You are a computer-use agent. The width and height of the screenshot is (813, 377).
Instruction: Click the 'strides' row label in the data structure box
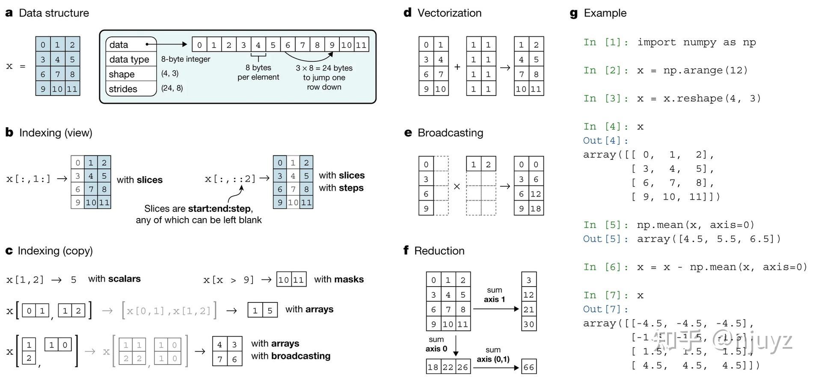click(x=123, y=89)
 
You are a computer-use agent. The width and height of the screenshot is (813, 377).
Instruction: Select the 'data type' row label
click(x=129, y=60)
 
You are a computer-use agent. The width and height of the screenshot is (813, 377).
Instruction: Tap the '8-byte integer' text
click(x=186, y=59)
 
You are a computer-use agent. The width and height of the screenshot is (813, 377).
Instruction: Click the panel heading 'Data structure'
click(x=54, y=13)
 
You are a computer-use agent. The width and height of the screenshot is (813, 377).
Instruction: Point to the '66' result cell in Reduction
click(x=529, y=367)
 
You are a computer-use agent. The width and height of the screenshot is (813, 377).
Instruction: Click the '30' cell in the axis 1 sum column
click(x=529, y=324)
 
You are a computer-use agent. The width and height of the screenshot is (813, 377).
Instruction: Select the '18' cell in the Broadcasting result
click(x=536, y=209)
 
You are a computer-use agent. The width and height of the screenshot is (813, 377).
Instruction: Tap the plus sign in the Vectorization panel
click(x=457, y=67)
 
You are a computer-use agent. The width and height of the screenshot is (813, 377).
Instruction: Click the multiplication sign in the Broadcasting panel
click(x=457, y=186)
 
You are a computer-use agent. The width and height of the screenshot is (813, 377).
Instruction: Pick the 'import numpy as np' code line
click(x=696, y=42)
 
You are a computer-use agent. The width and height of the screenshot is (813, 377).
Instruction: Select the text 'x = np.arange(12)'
click(x=692, y=70)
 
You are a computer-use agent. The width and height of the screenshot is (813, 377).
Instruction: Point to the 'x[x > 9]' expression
click(x=229, y=280)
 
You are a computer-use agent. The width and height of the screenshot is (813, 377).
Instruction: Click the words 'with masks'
click(x=339, y=279)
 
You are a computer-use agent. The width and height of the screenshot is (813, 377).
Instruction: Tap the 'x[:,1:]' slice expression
click(x=28, y=179)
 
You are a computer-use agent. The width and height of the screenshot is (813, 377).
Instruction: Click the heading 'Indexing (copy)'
click(x=55, y=251)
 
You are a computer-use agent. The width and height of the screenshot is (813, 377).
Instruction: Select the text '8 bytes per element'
click(x=258, y=72)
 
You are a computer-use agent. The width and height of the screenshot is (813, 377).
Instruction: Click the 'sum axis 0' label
click(x=436, y=344)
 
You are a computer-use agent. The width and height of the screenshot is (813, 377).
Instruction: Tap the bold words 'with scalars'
click(x=114, y=279)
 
